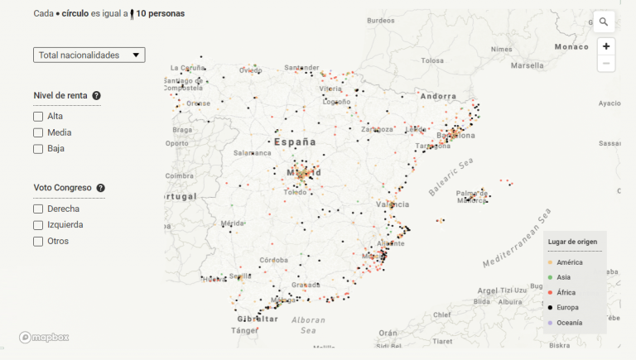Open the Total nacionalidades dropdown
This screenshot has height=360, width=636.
(x=89, y=55)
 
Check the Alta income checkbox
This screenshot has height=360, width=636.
(x=38, y=117)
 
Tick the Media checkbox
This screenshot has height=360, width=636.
(x=38, y=132)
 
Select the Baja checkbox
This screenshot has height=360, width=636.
(x=38, y=149)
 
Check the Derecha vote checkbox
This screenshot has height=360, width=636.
(x=38, y=209)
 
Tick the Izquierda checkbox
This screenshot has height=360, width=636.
(x=38, y=225)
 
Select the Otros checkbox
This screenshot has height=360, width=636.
(x=38, y=242)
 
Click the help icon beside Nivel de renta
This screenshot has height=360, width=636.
(x=97, y=96)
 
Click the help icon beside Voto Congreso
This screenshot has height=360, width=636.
(x=101, y=189)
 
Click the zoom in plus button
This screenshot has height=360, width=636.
(x=606, y=46)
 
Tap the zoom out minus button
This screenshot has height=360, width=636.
(x=606, y=64)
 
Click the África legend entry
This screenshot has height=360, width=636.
(x=570, y=292)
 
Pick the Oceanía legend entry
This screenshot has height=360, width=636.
(x=569, y=322)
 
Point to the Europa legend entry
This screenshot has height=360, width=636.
(x=569, y=307)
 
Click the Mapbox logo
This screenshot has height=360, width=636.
(x=45, y=337)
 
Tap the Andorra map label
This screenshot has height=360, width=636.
(x=439, y=96)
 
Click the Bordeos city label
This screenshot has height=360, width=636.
(x=380, y=20)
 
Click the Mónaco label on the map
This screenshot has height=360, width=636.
(x=571, y=47)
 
